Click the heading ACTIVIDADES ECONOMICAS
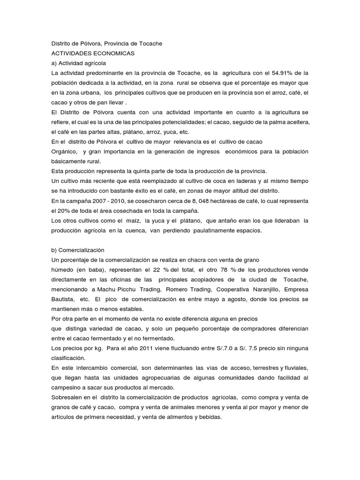(x=93, y=53)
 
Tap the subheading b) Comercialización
(x=78, y=250)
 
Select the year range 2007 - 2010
(x=109, y=201)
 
